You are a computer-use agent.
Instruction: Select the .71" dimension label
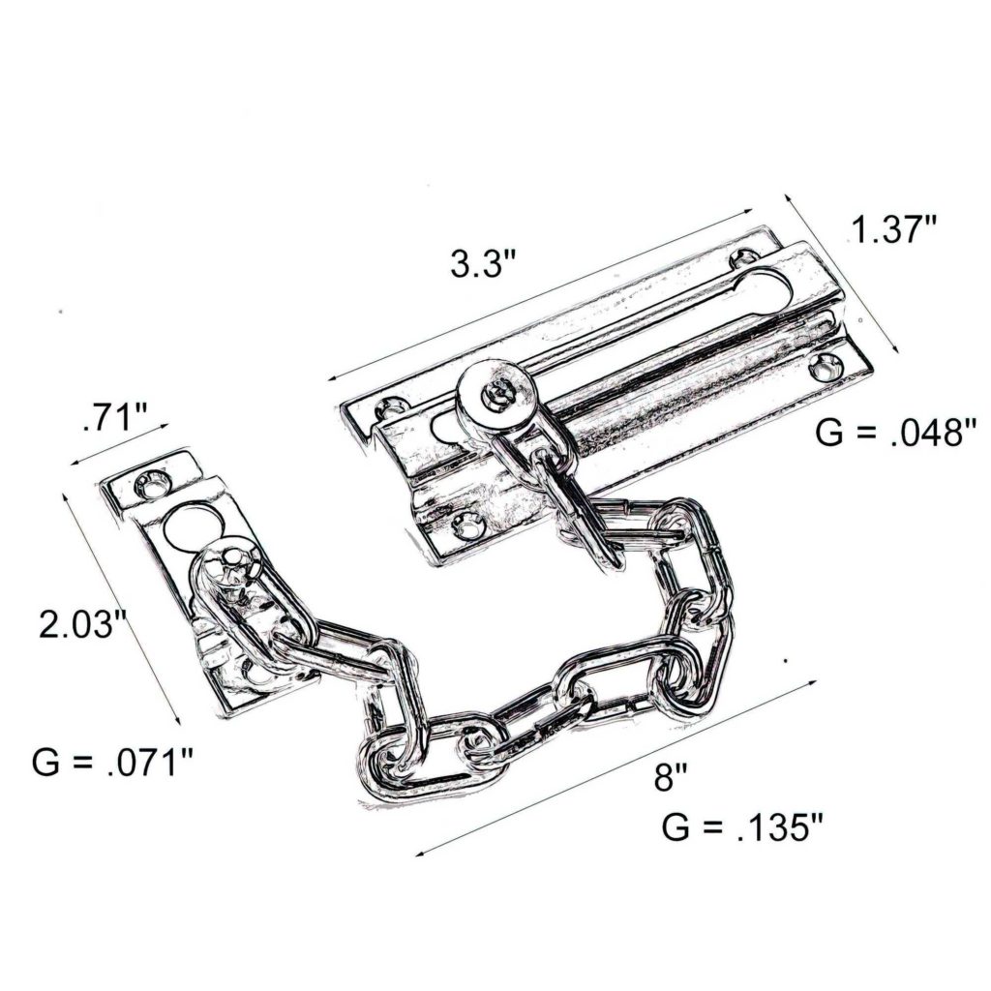pyautogui.click(x=115, y=419)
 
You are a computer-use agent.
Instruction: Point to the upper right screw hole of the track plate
pyautogui.click(x=743, y=257)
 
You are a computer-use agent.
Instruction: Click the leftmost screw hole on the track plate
pyautogui.click(x=393, y=406)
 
